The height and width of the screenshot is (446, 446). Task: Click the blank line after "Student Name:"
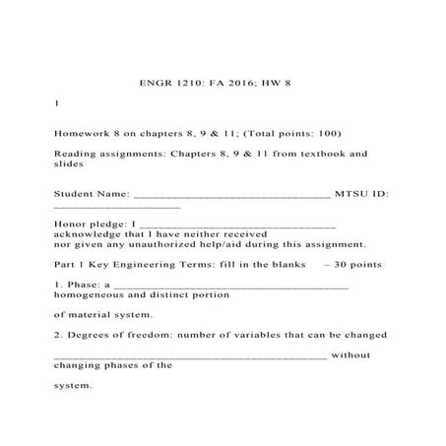click(231, 196)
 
